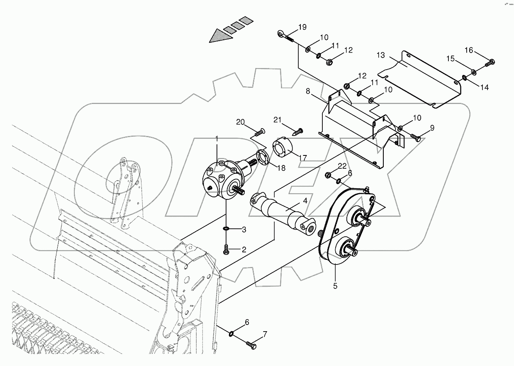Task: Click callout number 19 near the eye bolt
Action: coord(302,27)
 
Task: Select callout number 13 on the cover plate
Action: coord(381,56)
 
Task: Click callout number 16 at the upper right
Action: coord(468,51)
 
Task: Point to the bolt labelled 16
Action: coord(489,63)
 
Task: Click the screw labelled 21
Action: coord(298,132)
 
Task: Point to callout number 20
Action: coord(241,122)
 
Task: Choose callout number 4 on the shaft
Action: coord(305,201)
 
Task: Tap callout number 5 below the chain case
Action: coord(335,286)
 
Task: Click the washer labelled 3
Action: coord(226,229)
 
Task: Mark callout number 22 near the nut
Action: coord(342,166)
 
